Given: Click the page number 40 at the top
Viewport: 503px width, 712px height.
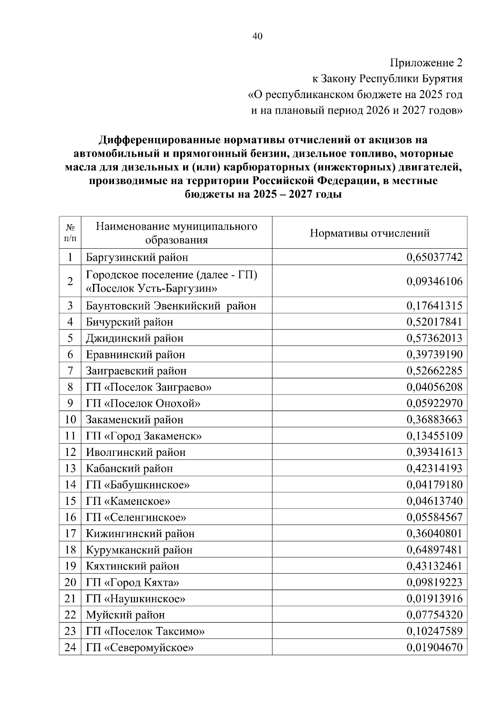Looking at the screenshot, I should [257, 36].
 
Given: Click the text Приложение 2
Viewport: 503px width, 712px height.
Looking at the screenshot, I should [426, 63].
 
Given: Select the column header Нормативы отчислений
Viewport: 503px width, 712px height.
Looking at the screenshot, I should [369, 233].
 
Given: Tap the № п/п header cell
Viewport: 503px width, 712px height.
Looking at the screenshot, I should [70, 233].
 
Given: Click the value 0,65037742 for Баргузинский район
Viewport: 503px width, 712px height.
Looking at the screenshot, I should [434, 257].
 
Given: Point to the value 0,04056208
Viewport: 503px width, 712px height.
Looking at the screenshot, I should [434, 387].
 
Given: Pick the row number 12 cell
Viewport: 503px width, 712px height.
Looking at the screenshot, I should [70, 452].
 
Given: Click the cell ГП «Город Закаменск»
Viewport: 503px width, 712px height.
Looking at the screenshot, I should [144, 436].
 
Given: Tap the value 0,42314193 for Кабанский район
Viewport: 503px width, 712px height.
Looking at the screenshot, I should [434, 468].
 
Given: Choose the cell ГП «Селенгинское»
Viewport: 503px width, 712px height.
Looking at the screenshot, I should [136, 517].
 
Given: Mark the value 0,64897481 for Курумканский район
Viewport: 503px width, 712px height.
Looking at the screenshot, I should [434, 550].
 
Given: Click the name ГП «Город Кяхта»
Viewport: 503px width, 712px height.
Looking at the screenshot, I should [132, 582].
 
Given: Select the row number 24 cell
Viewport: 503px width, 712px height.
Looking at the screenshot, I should [70, 647].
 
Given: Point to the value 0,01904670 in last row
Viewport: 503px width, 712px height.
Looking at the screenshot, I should [434, 647].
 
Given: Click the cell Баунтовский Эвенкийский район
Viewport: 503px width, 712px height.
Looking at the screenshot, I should [171, 306].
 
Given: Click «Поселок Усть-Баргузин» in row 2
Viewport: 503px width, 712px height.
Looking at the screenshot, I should [151, 288].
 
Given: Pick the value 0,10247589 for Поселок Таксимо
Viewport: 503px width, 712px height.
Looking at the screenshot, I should [434, 631].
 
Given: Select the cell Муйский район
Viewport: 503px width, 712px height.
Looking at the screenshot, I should [125, 615].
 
